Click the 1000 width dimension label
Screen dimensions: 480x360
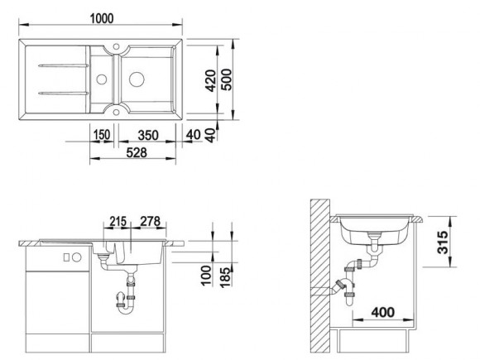pos(102,19)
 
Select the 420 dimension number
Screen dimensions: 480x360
pos(210,80)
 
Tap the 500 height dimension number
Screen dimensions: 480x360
pos(227,79)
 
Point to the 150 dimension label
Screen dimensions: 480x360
pos(101,135)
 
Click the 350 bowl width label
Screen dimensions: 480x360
pos(148,135)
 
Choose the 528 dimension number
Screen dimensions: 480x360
pos(137,152)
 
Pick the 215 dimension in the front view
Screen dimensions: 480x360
pos(118,221)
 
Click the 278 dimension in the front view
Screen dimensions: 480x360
pos(150,221)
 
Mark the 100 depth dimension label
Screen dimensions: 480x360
pos(206,276)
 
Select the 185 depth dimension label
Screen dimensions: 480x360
pos(225,277)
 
